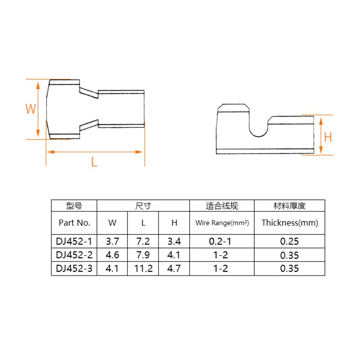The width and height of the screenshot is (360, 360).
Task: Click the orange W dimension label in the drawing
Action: click(30, 109)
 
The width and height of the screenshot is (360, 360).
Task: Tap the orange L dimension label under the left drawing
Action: click(94, 162)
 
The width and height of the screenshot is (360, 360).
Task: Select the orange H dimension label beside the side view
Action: click(328, 137)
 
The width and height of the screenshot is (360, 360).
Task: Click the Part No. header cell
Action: click(74, 222)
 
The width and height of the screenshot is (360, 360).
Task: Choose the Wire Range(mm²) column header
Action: click(222, 223)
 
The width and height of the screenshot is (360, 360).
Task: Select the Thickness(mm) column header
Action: click(289, 222)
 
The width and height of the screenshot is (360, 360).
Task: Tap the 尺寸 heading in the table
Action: click(143, 206)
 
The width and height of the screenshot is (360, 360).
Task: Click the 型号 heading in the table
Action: click(74, 206)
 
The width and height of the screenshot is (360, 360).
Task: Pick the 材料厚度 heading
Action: click(289, 206)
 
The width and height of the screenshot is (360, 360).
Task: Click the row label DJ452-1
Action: click(74, 241)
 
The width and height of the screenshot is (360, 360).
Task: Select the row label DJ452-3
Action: click(74, 269)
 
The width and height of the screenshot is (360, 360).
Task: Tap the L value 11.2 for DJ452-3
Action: click(144, 269)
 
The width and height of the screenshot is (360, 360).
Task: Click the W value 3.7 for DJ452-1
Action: click(112, 241)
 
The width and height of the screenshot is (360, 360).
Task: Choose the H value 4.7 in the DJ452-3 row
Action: click(174, 269)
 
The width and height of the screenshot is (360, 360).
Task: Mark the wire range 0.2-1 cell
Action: click(222, 241)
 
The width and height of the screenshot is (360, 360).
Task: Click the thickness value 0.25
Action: click(289, 241)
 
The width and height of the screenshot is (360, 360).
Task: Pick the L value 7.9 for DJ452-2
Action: click(144, 255)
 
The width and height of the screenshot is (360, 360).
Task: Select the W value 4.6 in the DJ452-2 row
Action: click(112, 255)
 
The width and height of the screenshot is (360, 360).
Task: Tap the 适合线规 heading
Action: click(222, 206)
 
